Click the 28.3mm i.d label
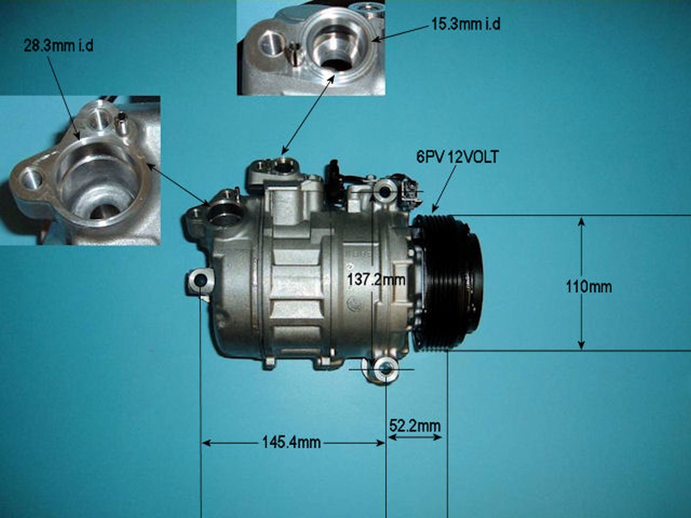point(58,46)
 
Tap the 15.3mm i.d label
point(465,24)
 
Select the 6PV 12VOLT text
point(457,157)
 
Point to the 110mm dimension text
point(588,286)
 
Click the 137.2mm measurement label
point(376,280)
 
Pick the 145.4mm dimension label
point(291,443)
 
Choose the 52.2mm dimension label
point(415,426)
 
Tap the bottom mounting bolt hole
point(387,370)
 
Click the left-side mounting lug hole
point(199,280)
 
